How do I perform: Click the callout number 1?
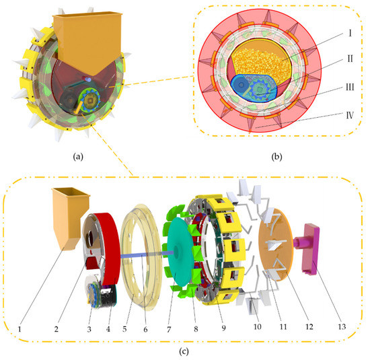click(x=22, y=330)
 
